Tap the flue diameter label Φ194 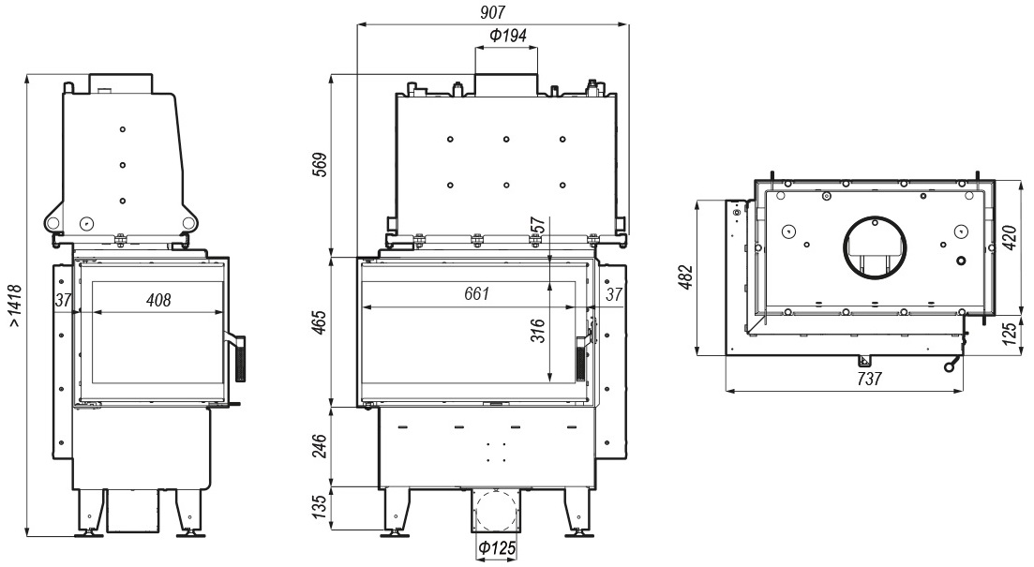(508, 36)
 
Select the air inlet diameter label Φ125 (496, 548)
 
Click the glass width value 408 (158, 301)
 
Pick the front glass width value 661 (477, 292)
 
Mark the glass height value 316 (538, 330)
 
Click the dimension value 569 (319, 165)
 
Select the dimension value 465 (319, 323)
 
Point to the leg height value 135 (319, 506)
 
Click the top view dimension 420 (1010, 237)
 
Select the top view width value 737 (870, 380)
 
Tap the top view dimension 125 (1010, 335)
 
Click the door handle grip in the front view (580, 359)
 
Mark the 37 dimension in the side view (63, 301)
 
